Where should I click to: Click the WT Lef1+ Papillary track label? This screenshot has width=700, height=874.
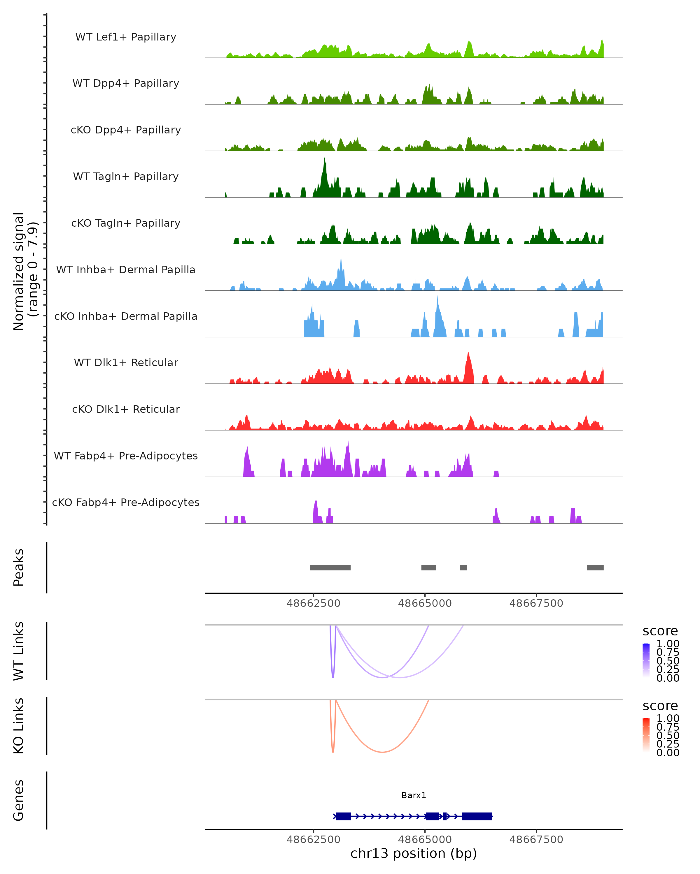126,37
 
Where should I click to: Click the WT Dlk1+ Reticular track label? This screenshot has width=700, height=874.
126,362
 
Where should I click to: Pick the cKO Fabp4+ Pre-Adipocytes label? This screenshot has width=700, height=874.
126,502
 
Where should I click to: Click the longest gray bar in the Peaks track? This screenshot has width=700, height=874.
330,568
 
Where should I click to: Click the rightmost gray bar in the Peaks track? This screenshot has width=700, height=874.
595,568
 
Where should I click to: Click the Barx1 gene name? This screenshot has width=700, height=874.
414,795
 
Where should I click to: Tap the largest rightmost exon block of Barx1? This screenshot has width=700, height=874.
477,816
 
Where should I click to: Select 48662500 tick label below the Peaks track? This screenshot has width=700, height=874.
313,603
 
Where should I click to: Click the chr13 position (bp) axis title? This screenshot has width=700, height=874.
414,853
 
